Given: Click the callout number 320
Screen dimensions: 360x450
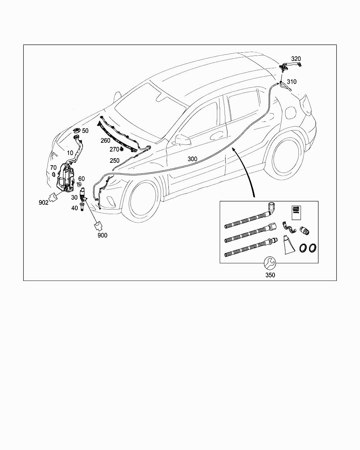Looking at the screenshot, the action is (296, 59).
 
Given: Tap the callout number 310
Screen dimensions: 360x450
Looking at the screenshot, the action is (291, 82).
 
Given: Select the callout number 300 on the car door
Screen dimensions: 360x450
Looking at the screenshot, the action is (192, 159).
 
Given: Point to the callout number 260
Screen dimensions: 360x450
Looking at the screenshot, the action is (105, 141).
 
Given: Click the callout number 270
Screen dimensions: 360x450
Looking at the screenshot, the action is (114, 149).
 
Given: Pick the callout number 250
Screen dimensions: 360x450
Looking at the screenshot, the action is (115, 161).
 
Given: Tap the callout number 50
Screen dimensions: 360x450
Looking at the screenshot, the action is (85, 131).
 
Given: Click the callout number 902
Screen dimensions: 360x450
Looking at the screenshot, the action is (44, 203).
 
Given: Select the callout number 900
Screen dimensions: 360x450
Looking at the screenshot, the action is (103, 235).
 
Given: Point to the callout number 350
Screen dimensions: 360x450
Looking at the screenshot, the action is (270, 275).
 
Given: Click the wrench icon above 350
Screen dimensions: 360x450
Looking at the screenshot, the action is (270, 263).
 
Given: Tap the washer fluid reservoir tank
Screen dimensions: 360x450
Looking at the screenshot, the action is (65, 178).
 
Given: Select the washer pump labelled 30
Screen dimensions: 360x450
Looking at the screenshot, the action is (83, 193).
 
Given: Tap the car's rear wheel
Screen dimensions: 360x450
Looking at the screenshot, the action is (287, 158).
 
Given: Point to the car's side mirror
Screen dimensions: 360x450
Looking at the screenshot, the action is (182, 140).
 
